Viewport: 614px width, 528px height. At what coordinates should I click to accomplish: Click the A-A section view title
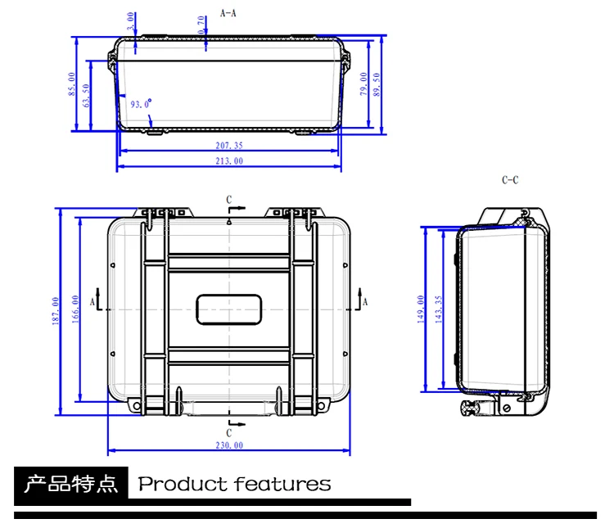tap(228, 13)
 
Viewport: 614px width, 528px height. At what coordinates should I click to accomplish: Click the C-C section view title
tap(510, 180)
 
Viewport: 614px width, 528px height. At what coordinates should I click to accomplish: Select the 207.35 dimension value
tap(229, 146)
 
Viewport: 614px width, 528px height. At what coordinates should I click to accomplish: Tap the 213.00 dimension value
tap(229, 161)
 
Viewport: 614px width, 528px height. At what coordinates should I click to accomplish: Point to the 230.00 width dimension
tap(229, 445)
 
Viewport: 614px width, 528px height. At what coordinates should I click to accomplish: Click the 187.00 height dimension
tap(56, 311)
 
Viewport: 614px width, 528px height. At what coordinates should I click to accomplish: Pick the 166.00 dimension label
tap(75, 309)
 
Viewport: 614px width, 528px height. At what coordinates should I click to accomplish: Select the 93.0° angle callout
tap(141, 104)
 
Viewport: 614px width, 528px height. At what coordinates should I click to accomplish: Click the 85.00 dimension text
tap(71, 83)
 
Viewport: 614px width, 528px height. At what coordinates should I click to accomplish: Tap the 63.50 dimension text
tap(86, 95)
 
